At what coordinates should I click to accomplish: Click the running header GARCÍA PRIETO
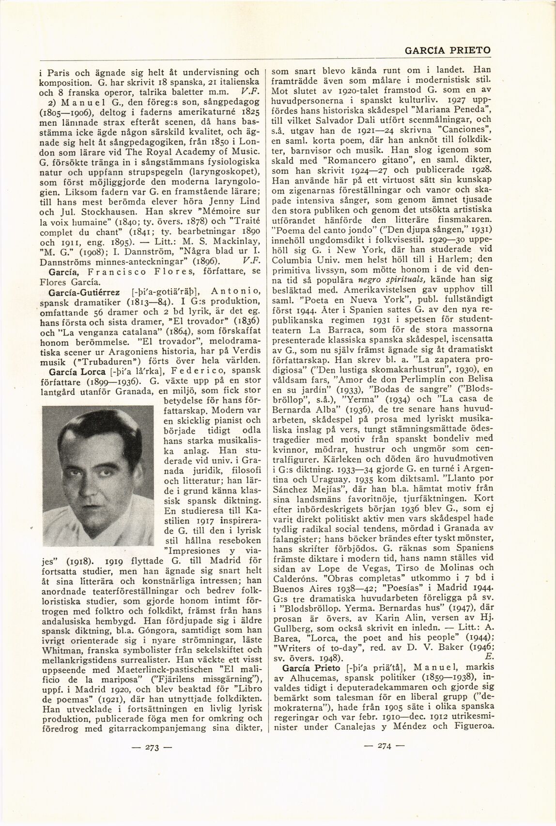[447, 50]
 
